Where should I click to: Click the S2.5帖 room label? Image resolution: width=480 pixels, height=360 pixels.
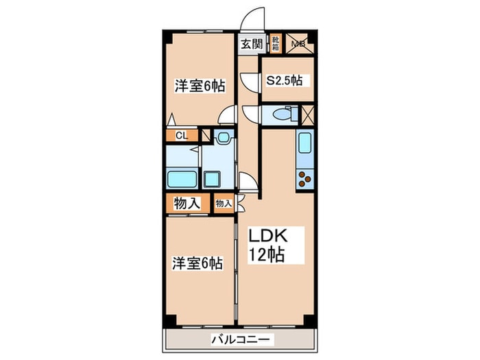point(284,80)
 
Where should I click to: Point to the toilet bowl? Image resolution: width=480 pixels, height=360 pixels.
point(280,114)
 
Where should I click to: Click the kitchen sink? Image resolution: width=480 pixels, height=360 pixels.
point(304,145)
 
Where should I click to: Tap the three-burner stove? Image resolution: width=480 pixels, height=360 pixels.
point(304,179)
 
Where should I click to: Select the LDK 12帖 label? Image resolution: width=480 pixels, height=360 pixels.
point(267,245)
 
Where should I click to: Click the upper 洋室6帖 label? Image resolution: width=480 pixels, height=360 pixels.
point(200,86)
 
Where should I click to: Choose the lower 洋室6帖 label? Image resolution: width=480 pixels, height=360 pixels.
point(197,262)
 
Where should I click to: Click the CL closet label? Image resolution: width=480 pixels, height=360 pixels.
point(180,135)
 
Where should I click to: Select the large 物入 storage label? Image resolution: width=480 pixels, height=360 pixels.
point(187,204)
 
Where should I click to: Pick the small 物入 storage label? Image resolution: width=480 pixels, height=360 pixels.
point(223,204)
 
